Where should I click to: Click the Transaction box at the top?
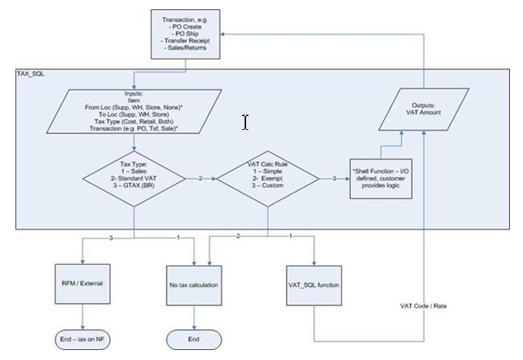(x=188, y=35)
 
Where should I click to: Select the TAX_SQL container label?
(x=32, y=74)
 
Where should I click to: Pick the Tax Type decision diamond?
(x=134, y=180)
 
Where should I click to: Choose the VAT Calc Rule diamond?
(x=267, y=180)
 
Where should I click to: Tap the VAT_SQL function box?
(x=314, y=285)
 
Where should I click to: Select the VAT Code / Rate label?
(x=423, y=305)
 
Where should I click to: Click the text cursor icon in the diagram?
(x=245, y=122)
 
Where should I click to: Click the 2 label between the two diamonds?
(x=201, y=180)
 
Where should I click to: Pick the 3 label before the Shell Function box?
(x=334, y=180)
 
